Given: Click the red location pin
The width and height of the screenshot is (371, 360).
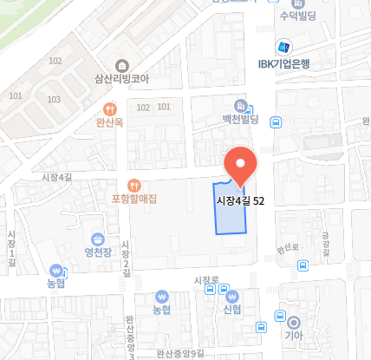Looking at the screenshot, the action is tap(240, 165).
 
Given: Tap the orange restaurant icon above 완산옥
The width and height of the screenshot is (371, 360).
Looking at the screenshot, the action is tap(110, 109).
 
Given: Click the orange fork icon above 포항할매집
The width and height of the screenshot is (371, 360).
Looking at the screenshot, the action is tap(133, 184).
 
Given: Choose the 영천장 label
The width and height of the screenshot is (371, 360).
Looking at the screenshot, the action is tap(99, 254).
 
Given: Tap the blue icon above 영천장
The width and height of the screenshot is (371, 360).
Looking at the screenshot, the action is tap(99, 239).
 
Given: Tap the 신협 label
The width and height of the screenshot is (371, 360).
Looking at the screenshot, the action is tap(231, 309).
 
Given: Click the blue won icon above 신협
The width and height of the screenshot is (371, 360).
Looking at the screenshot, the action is tap(231, 295).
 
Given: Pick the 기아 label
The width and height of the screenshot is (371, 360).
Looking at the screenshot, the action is tap(293, 335).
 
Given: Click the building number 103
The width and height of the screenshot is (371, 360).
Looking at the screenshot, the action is tap(55, 100).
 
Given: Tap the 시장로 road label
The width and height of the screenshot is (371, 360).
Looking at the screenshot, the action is tap(206, 279).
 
